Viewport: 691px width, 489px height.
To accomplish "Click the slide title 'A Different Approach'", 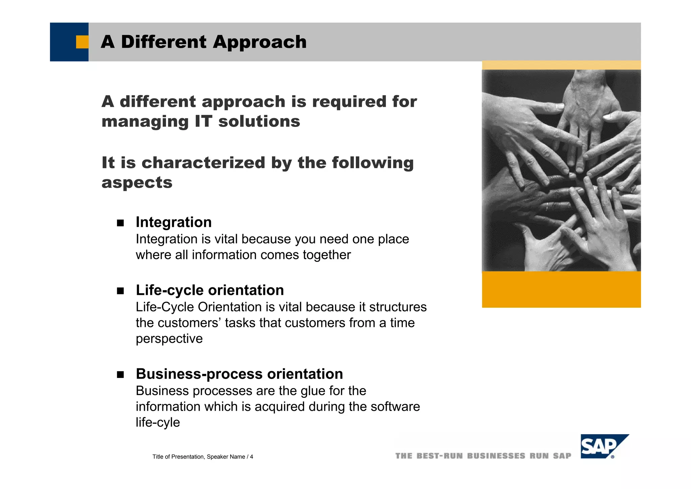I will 203,42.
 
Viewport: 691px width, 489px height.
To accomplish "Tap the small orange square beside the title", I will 82,42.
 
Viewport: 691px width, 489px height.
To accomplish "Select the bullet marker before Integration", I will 120,223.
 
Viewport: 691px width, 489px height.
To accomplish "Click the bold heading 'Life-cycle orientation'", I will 210,290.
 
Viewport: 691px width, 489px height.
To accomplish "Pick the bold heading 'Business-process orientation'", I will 239,374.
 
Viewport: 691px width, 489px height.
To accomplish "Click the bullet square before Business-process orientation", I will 120,375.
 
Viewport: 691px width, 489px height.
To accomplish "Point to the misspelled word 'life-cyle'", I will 158,422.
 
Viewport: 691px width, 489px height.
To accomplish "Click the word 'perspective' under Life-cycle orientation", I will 169,339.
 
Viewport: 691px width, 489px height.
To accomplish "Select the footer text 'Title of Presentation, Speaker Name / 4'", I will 202,457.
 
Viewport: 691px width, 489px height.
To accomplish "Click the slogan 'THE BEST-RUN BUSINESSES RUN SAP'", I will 483,456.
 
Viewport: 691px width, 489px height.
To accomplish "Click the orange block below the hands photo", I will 561,289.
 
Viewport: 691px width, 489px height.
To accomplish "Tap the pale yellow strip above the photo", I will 561,65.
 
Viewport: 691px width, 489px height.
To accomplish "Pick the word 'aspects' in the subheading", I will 137,183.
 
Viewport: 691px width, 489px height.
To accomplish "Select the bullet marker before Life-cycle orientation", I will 120,291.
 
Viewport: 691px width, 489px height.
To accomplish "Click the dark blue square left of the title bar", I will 64,42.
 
